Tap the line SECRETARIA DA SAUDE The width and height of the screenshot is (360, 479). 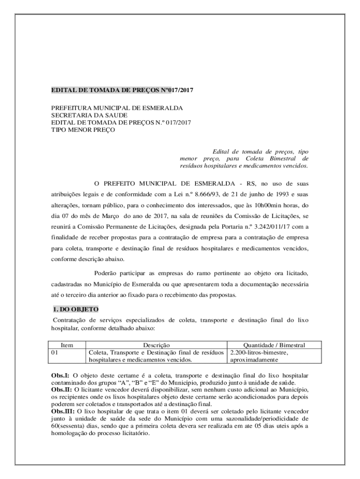[89, 115]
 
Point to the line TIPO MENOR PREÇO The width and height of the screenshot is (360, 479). [83, 130]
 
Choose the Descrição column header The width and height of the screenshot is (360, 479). [156, 345]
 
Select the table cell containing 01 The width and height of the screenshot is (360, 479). [56, 352]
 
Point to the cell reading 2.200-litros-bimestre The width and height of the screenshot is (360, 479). [259, 352]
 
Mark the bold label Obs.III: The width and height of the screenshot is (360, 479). [63, 411]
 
